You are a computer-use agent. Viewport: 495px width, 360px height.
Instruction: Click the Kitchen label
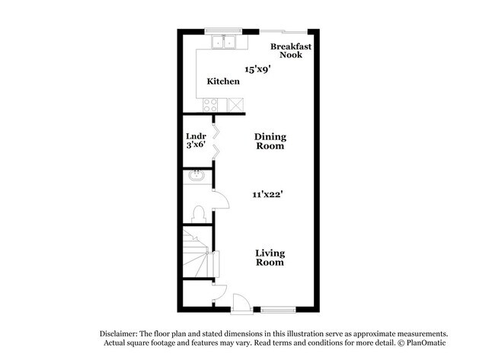point(223,81)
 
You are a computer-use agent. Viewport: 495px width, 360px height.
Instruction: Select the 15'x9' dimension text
point(257,69)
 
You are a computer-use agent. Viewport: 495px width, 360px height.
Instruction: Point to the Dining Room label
point(270,142)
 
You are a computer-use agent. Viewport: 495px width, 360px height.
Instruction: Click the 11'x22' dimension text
point(268,194)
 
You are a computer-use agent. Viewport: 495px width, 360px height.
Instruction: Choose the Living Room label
point(270,257)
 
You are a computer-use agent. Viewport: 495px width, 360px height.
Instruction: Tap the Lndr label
point(197,137)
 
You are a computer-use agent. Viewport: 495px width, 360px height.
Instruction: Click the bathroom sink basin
point(197,177)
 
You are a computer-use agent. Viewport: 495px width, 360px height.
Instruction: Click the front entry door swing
point(240,301)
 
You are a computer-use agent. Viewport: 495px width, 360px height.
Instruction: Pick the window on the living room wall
point(275,308)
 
